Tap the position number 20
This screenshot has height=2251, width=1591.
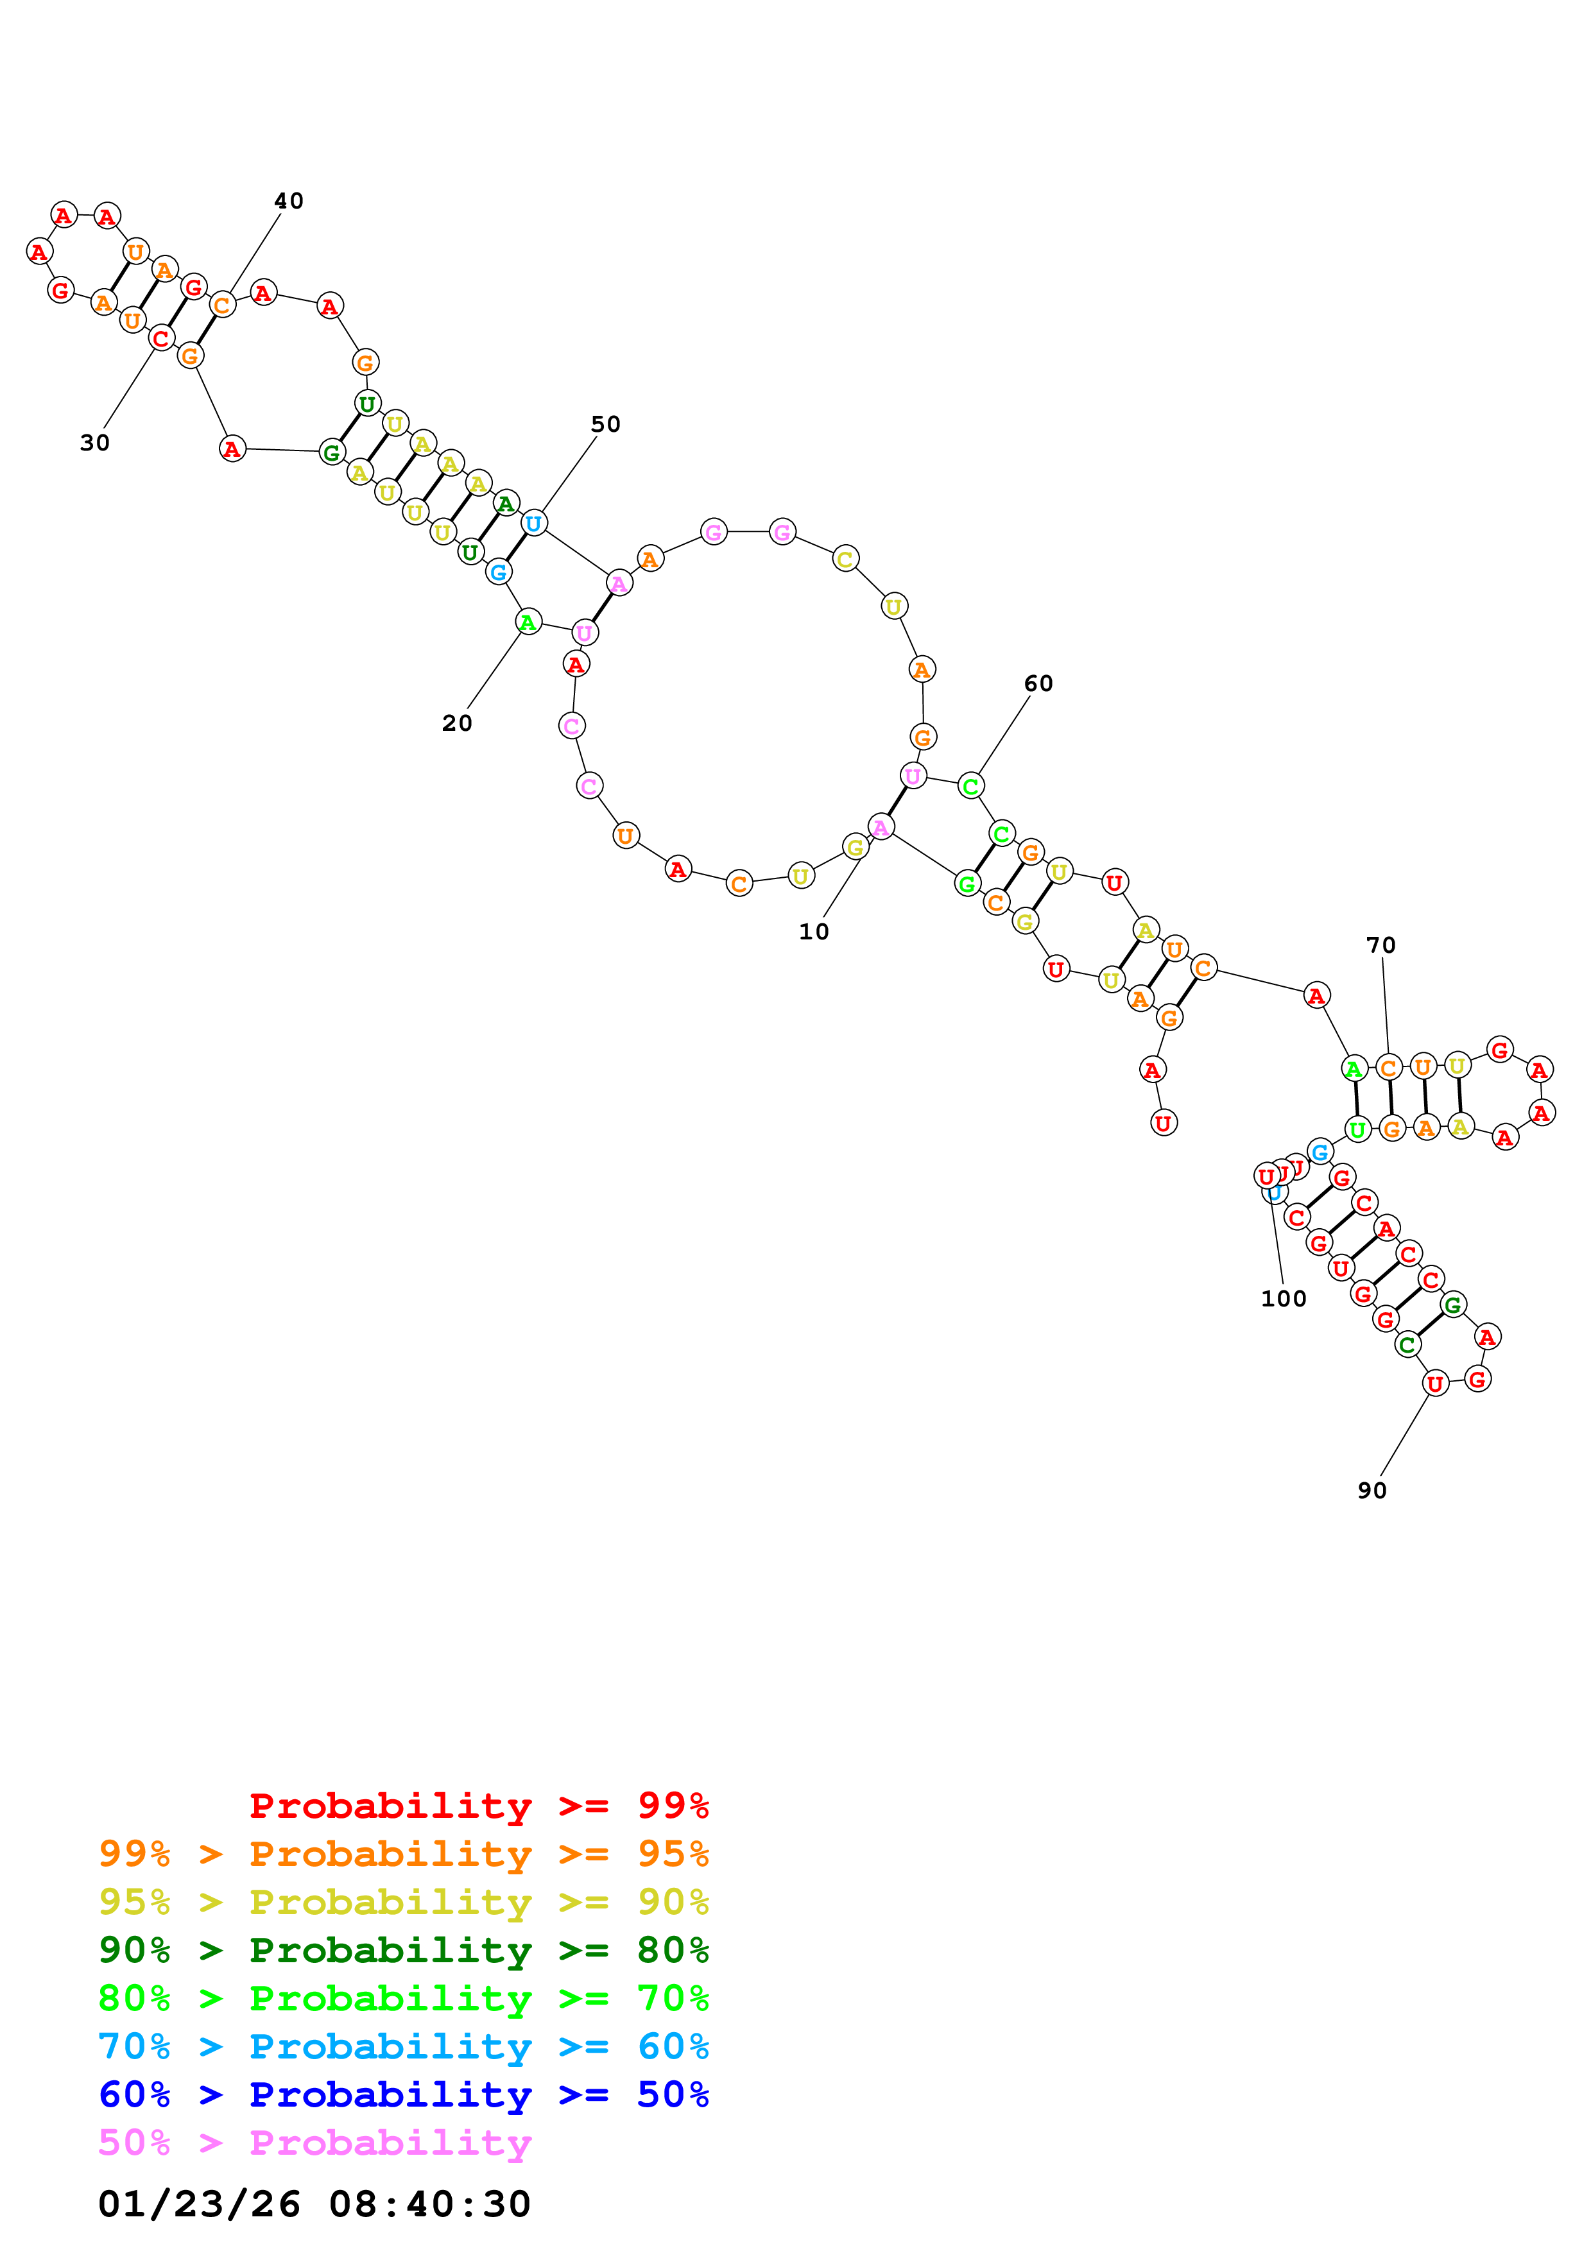tap(457, 724)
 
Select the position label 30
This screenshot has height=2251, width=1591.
tap(95, 443)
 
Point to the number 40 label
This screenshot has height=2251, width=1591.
tap(288, 201)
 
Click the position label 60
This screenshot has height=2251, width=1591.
tap(1038, 683)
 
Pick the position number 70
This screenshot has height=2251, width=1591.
tap(1380, 945)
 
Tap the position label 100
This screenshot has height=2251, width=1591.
tap(1283, 1299)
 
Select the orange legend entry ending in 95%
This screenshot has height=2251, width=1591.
tap(404, 1854)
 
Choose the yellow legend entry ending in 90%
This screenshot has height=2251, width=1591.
tap(404, 1902)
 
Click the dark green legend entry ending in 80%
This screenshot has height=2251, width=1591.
tap(404, 1950)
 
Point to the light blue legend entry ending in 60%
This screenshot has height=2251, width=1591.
tap(404, 2046)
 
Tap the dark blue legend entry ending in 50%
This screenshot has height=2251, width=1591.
tap(404, 2094)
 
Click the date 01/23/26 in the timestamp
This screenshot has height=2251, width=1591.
tap(199, 2204)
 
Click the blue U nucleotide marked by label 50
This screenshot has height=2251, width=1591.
tap(533, 524)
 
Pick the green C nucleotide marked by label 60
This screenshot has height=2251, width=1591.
tap(970, 785)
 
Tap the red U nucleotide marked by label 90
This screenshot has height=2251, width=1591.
tap(1435, 1383)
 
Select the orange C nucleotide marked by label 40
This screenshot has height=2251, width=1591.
tap(223, 305)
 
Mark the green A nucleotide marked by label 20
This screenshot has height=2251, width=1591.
tap(528, 622)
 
